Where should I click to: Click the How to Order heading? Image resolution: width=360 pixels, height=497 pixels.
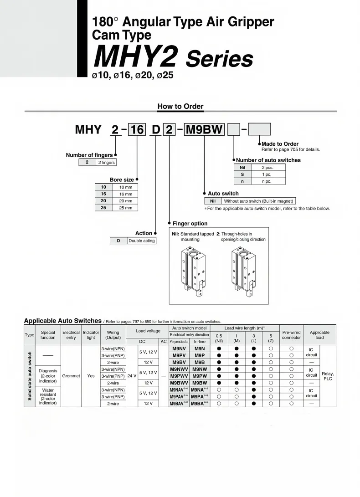(x=180, y=106)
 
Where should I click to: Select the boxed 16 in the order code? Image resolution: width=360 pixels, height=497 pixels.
(x=137, y=130)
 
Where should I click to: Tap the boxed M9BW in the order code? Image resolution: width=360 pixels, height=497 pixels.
(x=204, y=130)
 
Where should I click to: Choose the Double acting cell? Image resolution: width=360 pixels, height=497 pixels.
(x=141, y=241)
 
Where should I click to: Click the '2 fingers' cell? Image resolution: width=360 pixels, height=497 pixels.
(x=107, y=162)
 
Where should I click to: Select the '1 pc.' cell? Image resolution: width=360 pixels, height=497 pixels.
(x=267, y=174)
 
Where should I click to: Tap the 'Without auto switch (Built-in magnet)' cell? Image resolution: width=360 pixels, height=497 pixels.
(x=258, y=201)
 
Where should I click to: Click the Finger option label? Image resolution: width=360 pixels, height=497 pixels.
(x=190, y=224)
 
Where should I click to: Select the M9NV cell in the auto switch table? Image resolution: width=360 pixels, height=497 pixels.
(x=179, y=348)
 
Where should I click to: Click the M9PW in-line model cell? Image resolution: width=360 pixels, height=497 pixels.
(x=200, y=376)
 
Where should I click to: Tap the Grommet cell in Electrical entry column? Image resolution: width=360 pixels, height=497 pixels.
(x=71, y=376)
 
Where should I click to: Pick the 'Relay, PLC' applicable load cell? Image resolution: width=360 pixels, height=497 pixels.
(x=328, y=376)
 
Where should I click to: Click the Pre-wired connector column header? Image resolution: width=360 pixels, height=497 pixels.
(x=291, y=335)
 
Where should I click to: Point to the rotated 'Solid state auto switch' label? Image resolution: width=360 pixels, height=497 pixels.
(x=30, y=376)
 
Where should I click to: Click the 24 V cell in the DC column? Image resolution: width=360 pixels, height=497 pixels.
(x=131, y=376)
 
